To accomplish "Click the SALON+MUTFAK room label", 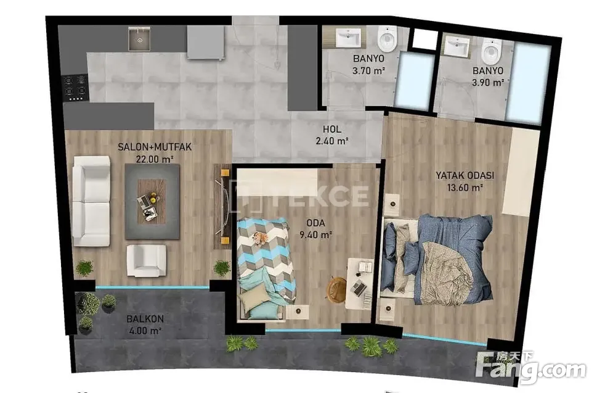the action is pyautogui.click(x=155, y=147).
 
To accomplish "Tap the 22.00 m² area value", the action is pyautogui.click(x=155, y=159).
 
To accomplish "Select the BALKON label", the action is pyautogui.click(x=145, y=319).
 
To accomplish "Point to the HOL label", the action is pyautogui.click(x=332, y=129).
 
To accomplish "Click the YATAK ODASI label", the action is pyautogui.click(x=465, y=175).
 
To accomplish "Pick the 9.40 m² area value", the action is pyautogui.click(x=315, y=235).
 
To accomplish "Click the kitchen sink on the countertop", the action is pyautogui.click(x=139, y=39).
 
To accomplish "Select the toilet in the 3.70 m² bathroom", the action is pyautogui.click(x=387, y=39).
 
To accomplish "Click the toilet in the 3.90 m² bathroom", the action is pyautogui.click(x=491, y=51).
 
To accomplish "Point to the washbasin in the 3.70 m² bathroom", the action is pyautogui.click(x=348, y=38).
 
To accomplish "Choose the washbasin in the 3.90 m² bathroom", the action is pyautogui.click(x=457, y=47).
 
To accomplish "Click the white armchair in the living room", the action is pyautogui.click(x=147, y=261).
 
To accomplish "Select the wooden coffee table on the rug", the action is pyautogui.click(x=152, y=202).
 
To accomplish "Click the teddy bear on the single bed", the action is pyautogui.click(x=261, y=238).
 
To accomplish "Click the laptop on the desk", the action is pyautogui.click(x=359, y=288).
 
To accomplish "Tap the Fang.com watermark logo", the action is pyautogui.click(x=531, y=368).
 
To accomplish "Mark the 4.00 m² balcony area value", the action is pyautogui.click(x=145, y=331).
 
